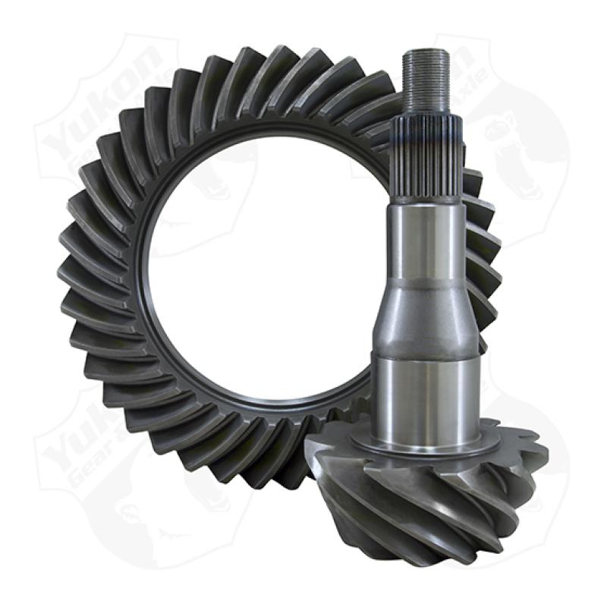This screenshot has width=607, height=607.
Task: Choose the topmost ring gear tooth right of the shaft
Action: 470,182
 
